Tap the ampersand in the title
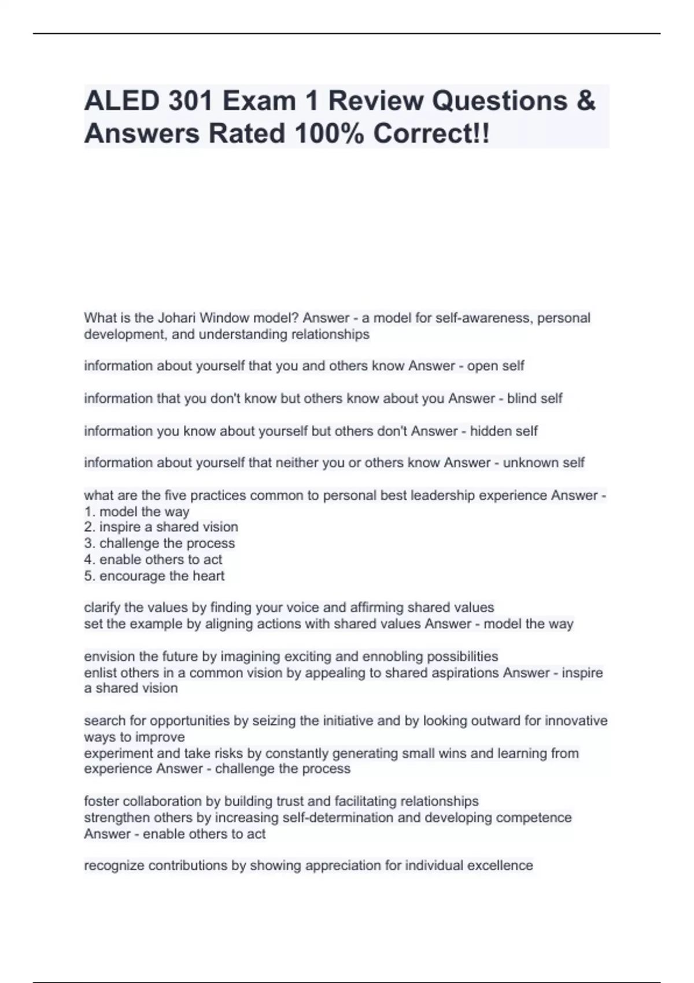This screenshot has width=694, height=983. (585, 101)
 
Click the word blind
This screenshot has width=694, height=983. (520, 398)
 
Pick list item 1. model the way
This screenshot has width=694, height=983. (136, 512)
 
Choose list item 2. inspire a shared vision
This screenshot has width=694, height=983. (161, 527)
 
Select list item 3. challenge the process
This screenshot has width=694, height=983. (160, 544)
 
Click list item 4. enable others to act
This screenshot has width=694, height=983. (153, 560)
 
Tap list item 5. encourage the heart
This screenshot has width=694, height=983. (154, 576)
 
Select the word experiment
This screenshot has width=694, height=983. (119, 753)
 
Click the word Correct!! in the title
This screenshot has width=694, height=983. (431, 134)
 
